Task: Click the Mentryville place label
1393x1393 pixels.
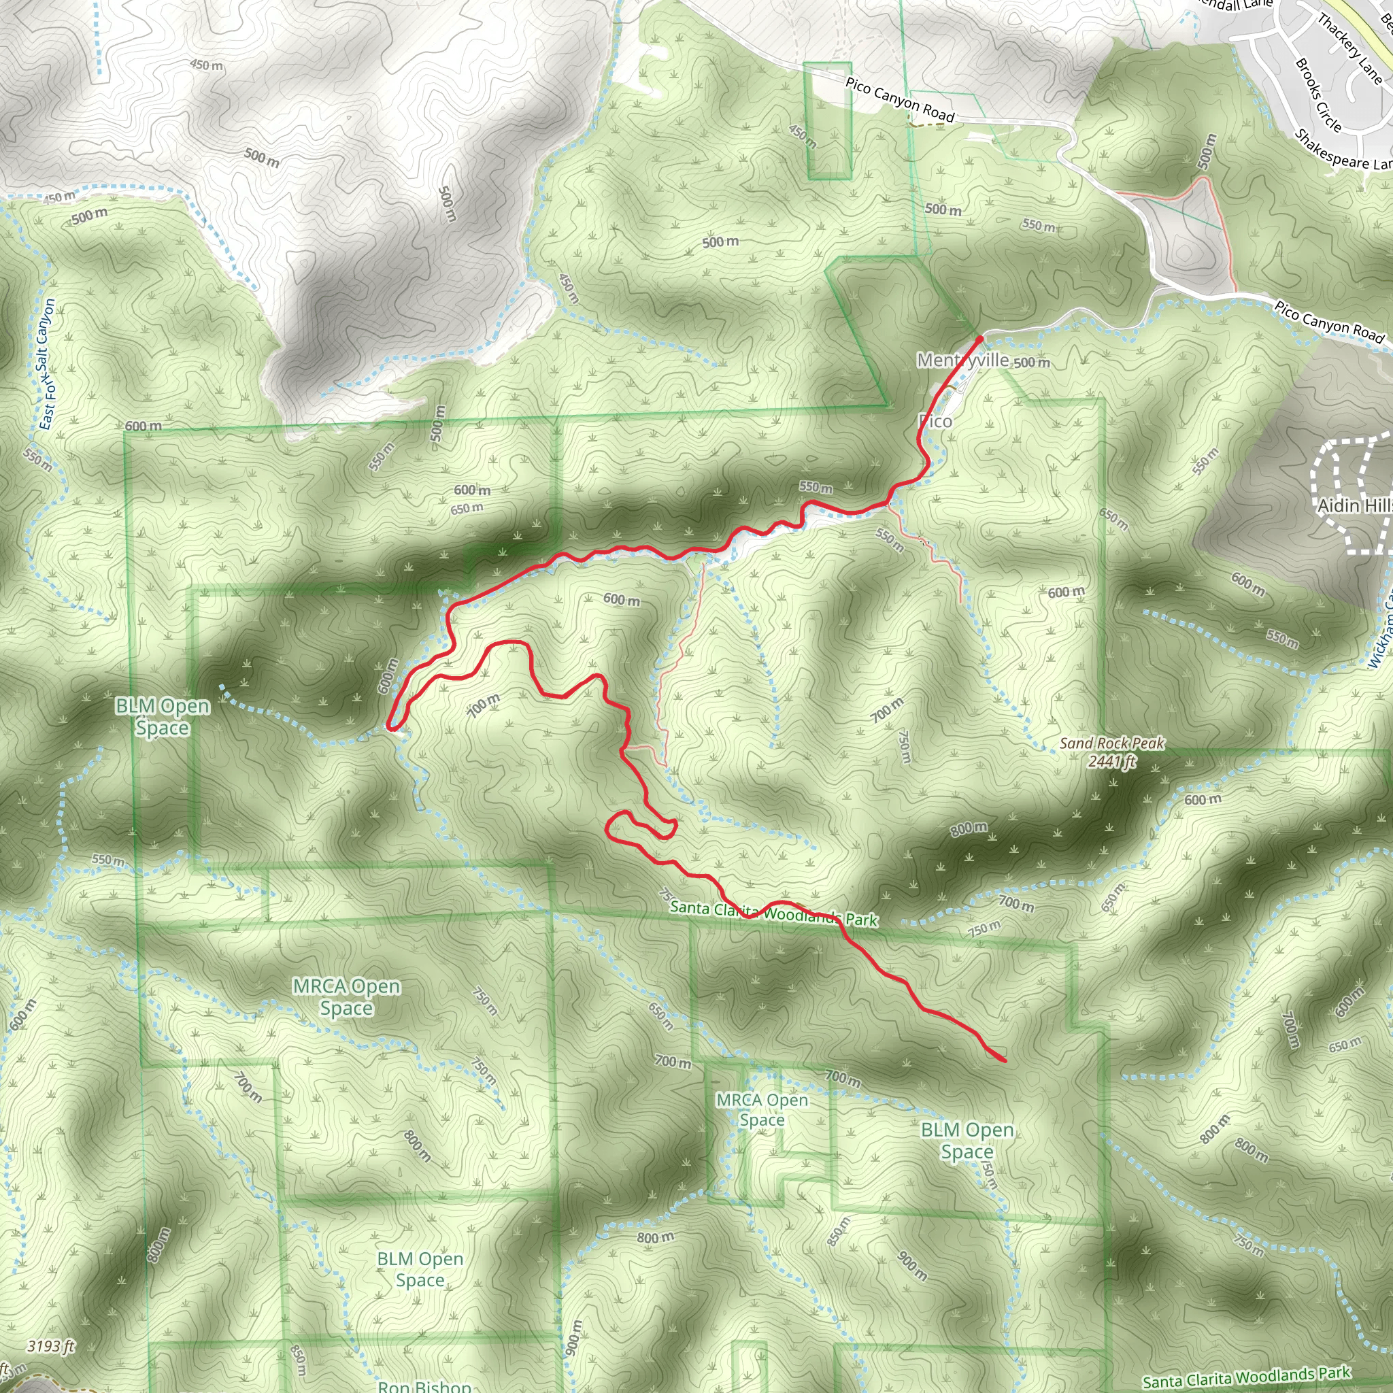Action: pos(962,360)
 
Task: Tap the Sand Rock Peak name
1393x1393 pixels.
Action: pos(1111,743)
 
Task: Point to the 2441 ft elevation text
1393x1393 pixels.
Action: pos(1112,761)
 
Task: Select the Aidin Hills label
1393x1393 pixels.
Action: pos(1354,505)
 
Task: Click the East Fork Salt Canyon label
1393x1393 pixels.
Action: pos(46,365)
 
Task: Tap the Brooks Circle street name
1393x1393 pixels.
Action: pos(1318,95)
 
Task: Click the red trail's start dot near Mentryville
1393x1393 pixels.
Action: pos(979,339)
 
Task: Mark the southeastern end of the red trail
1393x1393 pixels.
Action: pos(1005,1060)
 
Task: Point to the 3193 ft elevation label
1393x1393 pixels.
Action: pos(51,1346)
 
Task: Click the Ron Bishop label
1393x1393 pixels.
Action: pos(424,1386)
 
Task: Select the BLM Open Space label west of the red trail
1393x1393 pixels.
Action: pos(163,717)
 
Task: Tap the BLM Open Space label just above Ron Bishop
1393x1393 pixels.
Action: pos(420,1269)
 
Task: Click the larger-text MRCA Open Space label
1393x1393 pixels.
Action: pos(346,996)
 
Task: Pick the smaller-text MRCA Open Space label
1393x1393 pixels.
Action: pos(761,1109)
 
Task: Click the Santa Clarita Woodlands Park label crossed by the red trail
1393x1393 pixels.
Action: pos(773,913)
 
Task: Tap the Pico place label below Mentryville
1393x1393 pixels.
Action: pos(936,421)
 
